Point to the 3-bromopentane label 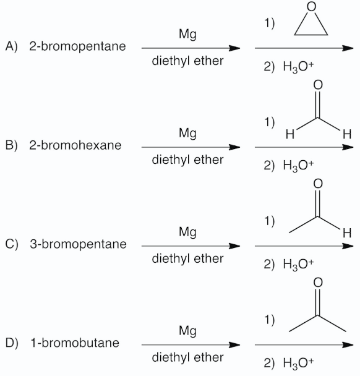click(x=78, y=244)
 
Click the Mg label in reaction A click(x=187, y=36)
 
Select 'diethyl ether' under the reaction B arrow click(x=187, y=160)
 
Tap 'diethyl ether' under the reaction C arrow click(x=187, y=258)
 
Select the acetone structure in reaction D click(x=319, y=312)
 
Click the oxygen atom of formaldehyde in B click(x=319, y=85)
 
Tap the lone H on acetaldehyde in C click(x=348, y=233)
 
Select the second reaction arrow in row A click(x=304, y=48)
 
